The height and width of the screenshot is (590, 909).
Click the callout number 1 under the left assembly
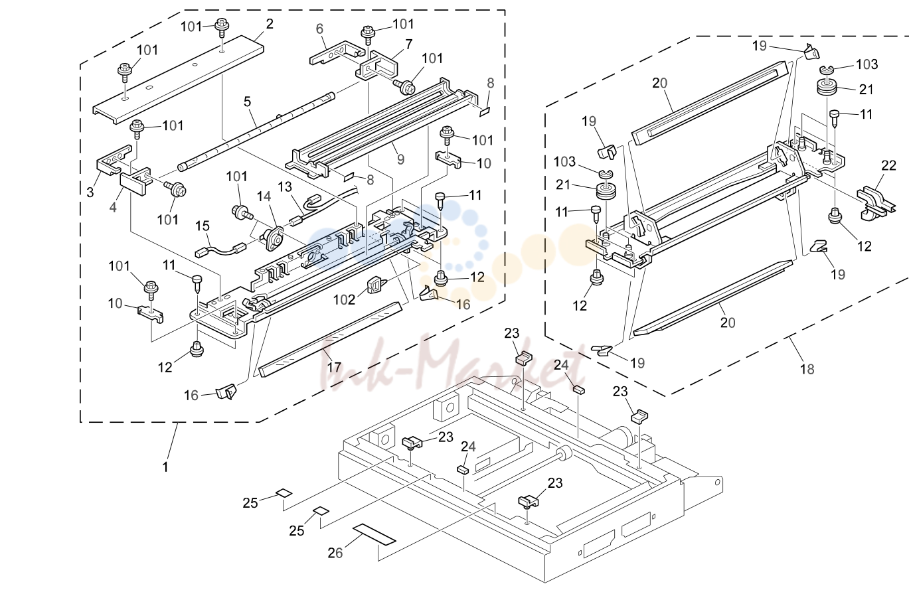165,467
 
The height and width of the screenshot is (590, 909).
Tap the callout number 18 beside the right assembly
807,369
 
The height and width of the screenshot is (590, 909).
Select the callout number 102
344,300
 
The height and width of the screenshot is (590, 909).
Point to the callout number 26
335,553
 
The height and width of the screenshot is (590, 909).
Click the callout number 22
888,165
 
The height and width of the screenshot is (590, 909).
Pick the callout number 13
285,186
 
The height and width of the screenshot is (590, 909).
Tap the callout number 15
203,226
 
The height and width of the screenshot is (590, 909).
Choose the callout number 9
400,159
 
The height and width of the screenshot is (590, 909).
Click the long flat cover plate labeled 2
179,80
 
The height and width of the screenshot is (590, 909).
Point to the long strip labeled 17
330,339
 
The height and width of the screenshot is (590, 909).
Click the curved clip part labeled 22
876,202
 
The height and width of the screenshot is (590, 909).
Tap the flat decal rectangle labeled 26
374,534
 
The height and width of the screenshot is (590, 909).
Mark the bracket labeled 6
337,52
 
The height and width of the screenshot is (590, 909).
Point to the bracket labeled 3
114,160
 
